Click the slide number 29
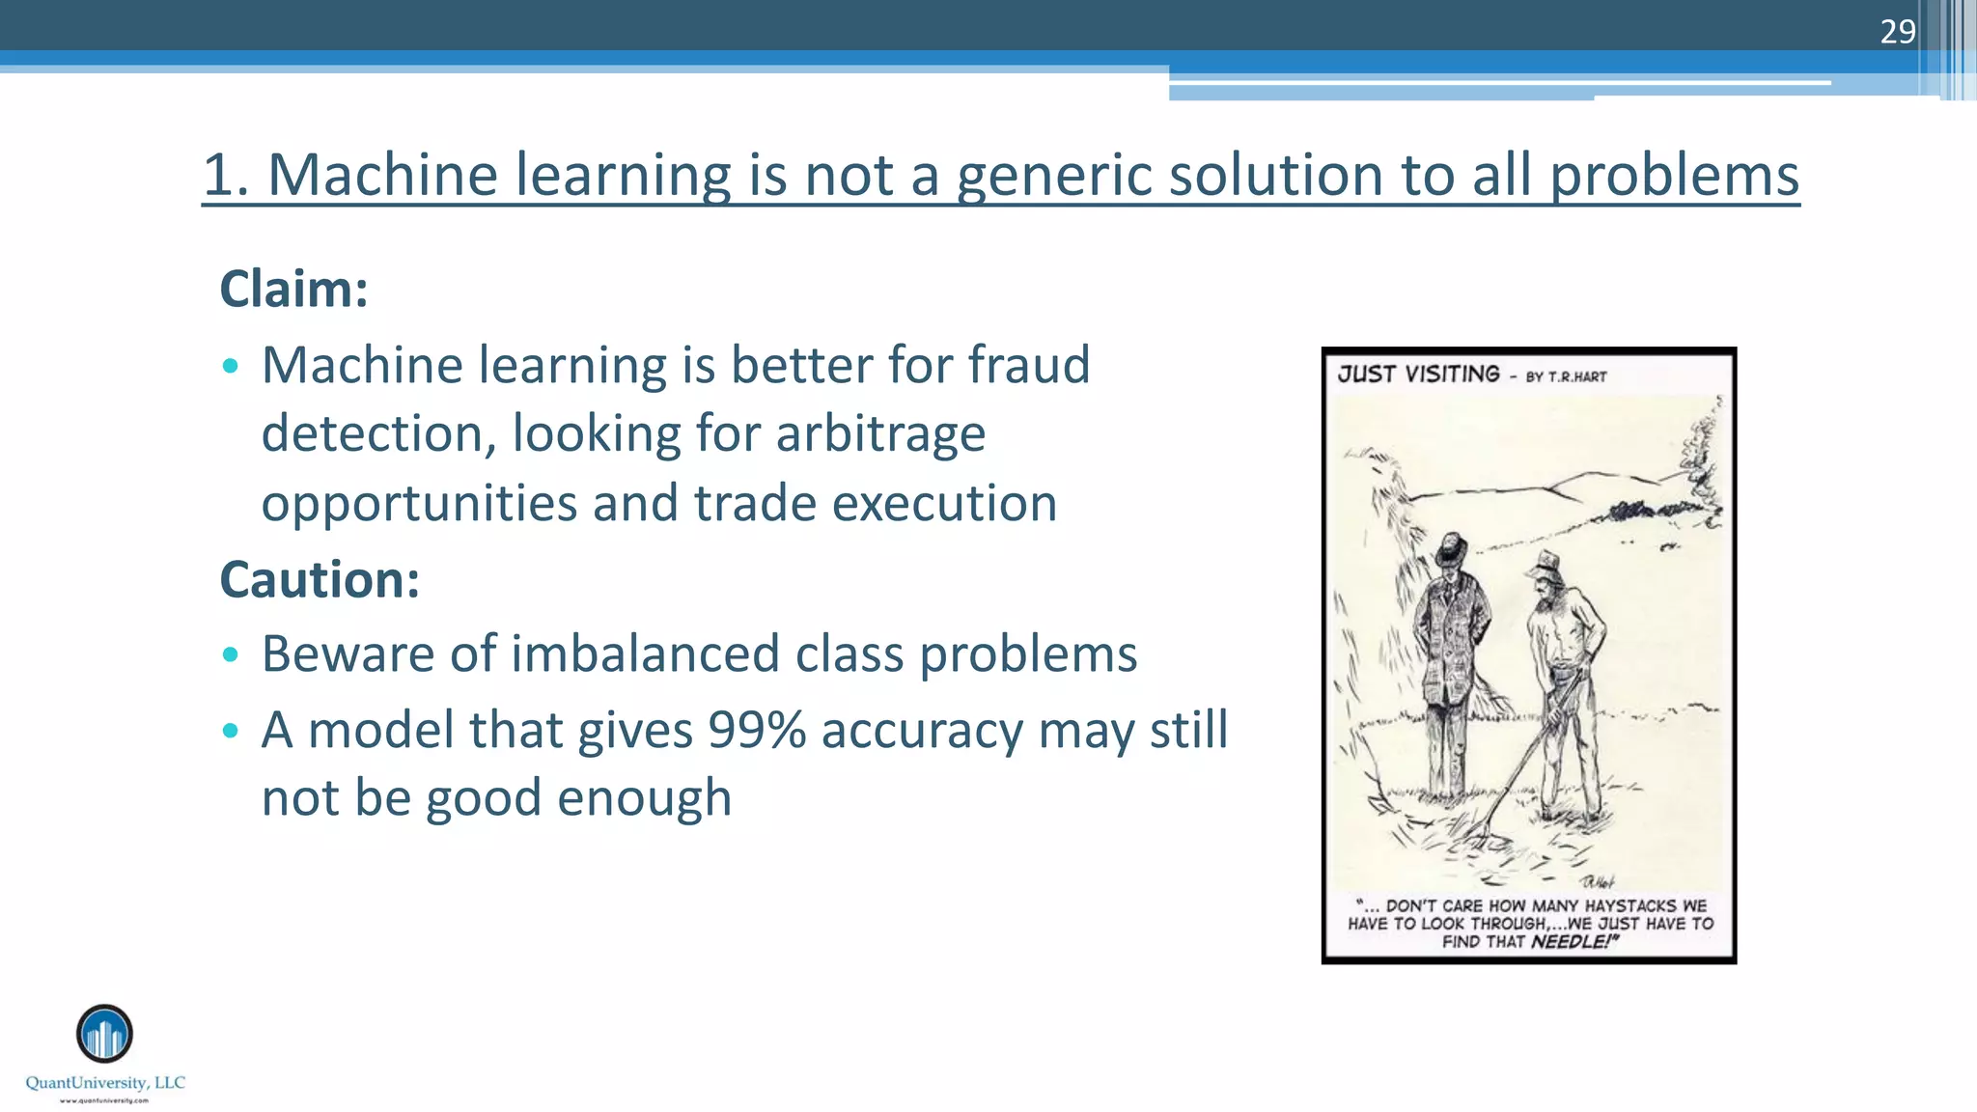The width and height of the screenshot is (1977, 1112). (1897, 32)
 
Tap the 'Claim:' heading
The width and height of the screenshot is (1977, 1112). (293, 289)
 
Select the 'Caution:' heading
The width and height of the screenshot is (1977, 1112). (320, 579)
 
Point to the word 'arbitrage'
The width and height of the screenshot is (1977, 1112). (880, 433)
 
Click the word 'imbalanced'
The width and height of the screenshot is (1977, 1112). (645, 653)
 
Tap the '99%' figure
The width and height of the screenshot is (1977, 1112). (757, 730)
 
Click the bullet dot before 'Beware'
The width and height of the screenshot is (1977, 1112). (230, 654)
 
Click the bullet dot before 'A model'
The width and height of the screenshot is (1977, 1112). (230, 731)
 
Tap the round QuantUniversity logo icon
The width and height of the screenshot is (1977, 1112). (104, 1033)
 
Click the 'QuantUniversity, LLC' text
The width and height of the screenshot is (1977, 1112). (105, 1083)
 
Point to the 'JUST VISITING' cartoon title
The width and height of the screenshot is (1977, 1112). (1418, 375)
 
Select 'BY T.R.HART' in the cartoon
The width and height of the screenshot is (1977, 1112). (1566, 376)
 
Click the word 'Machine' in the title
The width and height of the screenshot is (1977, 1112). (381, 176)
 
